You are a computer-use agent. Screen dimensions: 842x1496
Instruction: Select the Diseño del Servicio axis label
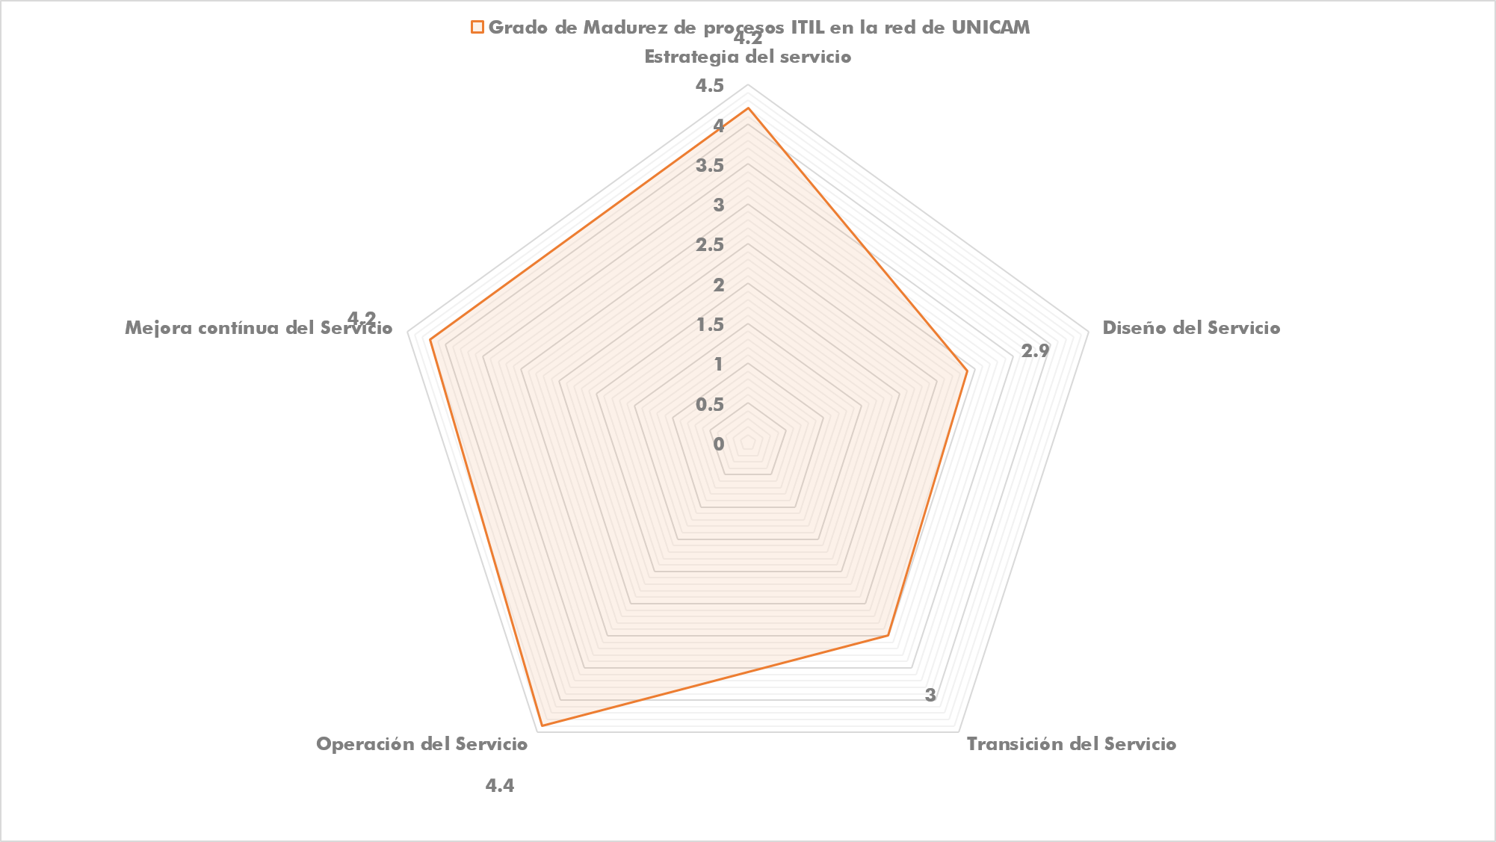(x=1191, y=328)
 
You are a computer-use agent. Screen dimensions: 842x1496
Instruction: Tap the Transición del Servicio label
(x=1072, y=744)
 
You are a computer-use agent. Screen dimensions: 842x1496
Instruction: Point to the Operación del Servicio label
(x=421, y=744)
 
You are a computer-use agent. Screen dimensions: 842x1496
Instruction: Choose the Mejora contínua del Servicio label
(x=259, y=328)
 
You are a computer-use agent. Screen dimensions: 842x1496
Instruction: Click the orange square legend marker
(x=477, y=28)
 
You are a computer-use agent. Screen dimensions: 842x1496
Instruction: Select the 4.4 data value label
(x=500, y=786)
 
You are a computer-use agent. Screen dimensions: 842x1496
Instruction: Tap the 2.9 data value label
(x=1036, y=350)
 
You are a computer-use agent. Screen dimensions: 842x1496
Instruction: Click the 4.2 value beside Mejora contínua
(x=362, y=318)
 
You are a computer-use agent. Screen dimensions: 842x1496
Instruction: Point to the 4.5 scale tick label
(x=710, y=86)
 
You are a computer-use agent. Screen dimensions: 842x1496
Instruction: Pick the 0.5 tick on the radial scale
(x=710, y=404)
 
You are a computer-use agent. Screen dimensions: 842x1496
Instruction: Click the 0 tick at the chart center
(x=719, y=445)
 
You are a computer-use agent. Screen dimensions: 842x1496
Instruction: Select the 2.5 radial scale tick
(x=710, y=245)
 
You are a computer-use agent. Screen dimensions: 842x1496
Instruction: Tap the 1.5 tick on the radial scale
(x=710, y=325)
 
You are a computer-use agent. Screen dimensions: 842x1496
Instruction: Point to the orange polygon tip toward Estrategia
(x=747, y=109)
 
